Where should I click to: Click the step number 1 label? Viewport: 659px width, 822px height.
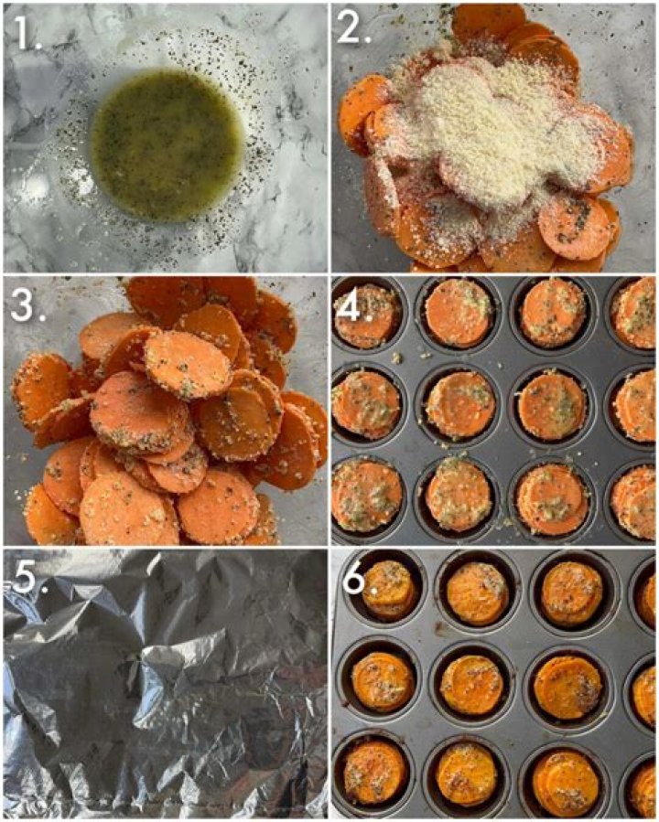[27, 33]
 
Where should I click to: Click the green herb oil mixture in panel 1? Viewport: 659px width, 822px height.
[167, 145]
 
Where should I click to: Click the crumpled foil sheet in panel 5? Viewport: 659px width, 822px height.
[165, 684]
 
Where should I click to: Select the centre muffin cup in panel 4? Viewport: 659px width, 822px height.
[460, 403]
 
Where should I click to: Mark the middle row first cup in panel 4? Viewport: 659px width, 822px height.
[367, 403]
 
